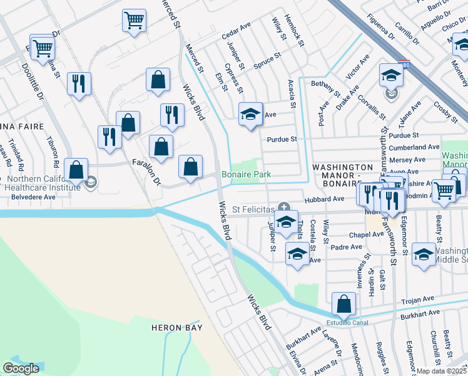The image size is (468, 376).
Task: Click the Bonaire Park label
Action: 243,174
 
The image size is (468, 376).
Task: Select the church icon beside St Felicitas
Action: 285,207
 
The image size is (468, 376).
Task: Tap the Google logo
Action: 21,368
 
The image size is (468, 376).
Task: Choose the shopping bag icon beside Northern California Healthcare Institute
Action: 76,170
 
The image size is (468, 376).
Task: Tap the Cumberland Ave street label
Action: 414,147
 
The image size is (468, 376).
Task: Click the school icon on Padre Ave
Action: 297,254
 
